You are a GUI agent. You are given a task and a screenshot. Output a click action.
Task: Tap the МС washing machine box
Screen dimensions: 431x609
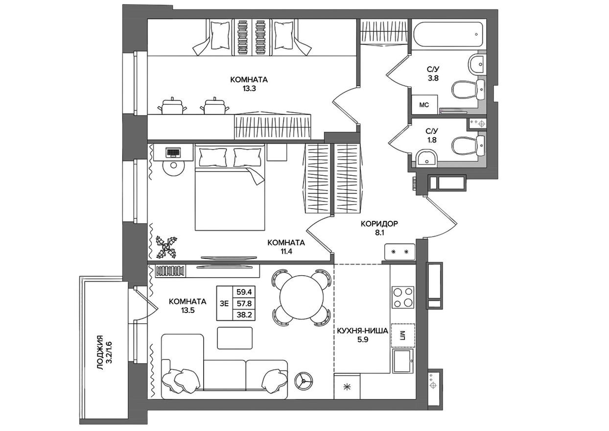424,104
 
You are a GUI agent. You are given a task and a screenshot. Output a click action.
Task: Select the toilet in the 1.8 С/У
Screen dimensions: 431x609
465,145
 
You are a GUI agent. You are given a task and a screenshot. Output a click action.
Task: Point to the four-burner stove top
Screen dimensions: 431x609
402,297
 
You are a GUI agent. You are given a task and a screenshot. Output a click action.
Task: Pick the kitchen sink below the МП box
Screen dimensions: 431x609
403,361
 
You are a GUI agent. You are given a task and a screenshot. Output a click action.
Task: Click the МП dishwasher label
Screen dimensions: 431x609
402,335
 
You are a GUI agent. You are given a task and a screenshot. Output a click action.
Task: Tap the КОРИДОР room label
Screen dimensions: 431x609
379,224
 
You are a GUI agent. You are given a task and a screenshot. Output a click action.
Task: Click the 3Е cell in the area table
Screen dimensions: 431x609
225,304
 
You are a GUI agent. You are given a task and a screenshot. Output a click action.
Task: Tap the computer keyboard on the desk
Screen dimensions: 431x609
173,152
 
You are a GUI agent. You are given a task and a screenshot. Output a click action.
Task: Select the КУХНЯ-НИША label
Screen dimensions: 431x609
362,331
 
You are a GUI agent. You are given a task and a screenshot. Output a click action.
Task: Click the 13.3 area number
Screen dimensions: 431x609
249,89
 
